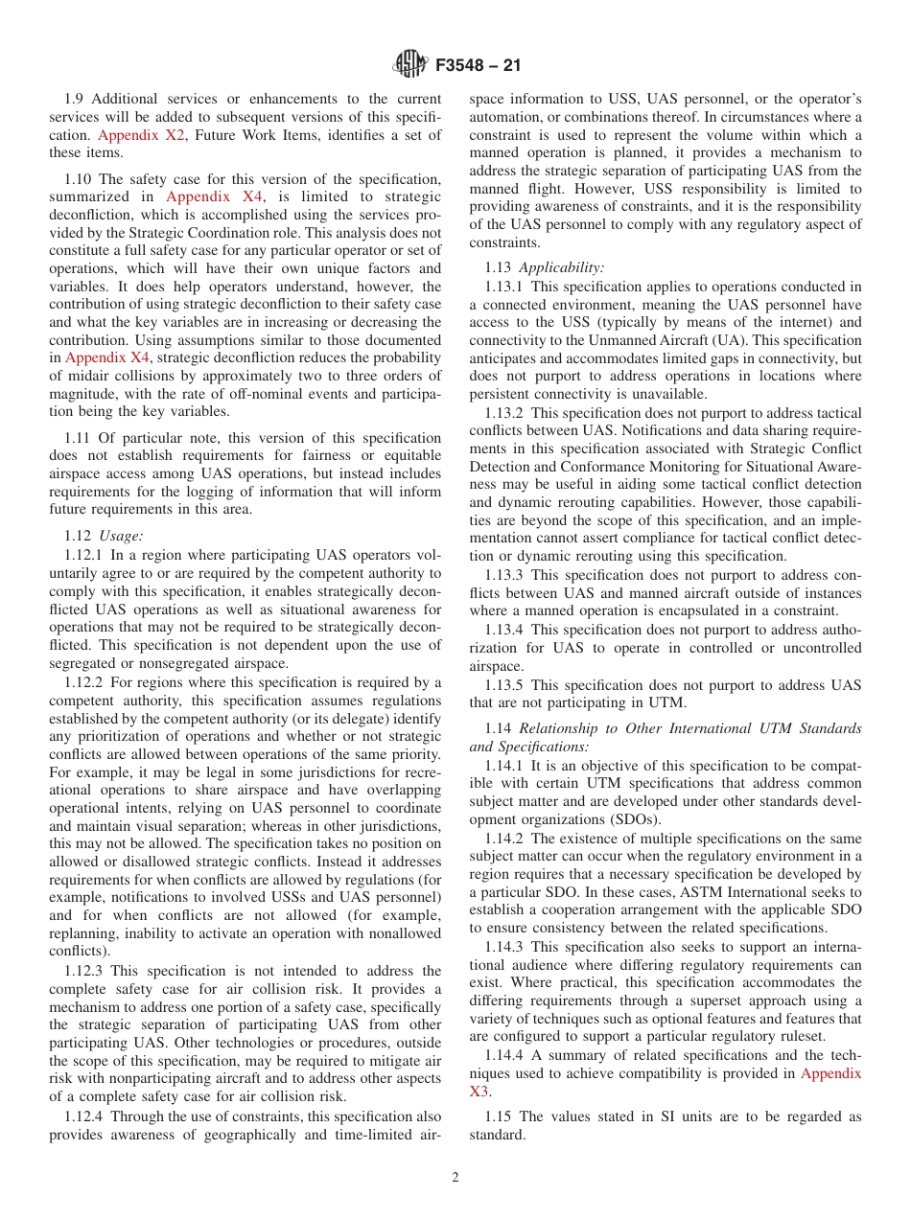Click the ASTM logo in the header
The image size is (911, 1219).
(x=410, y=65)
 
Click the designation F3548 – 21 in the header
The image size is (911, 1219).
(x=479, y=66)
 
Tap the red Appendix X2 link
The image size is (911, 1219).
(x=141, y=135)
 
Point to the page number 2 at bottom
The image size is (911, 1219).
(x=455, y=1178)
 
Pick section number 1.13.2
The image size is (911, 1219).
(x=507, y=412)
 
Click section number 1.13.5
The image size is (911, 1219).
(x=507, y=684)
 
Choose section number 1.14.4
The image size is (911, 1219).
(x=507, y=1055)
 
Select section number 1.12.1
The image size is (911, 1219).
(x=87, y=554)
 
